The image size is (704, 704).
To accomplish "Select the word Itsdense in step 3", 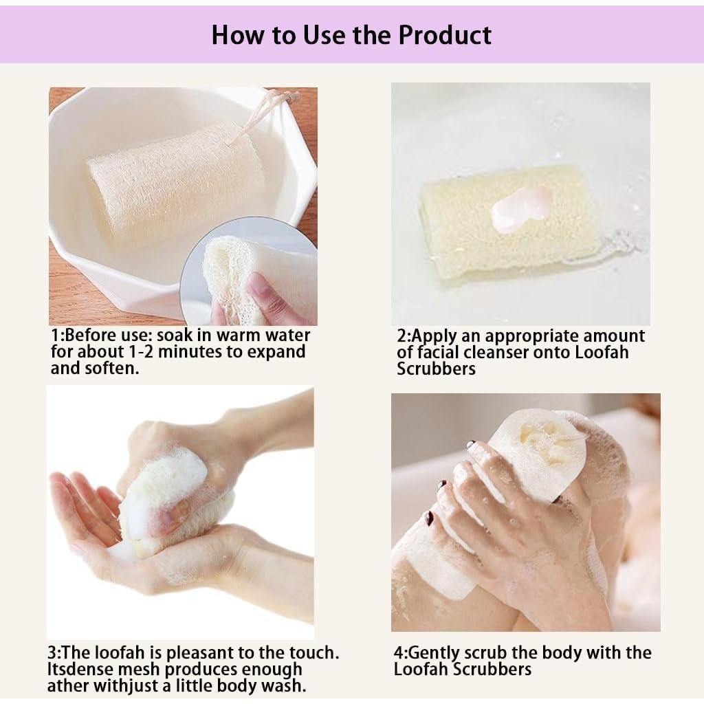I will point(80,668).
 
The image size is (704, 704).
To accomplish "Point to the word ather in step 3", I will point(67,685).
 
